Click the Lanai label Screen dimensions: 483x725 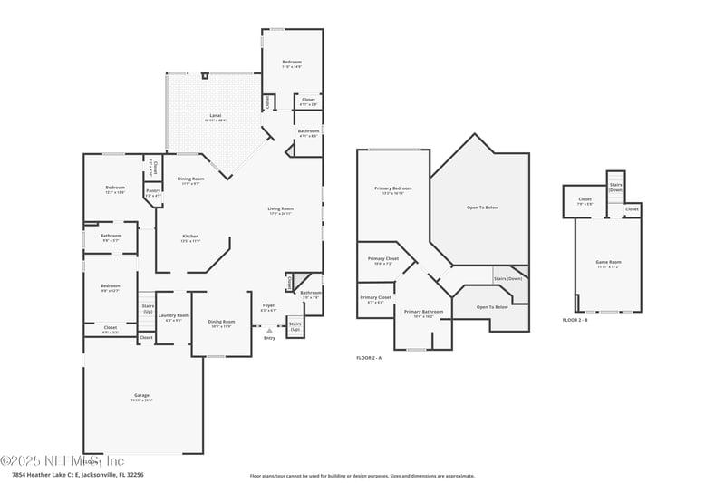pos(216,115)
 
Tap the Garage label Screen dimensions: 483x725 pos(142,396)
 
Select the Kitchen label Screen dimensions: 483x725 pos(190,237)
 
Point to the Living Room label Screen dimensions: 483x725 pos(280,208)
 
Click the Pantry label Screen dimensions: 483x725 pos(152,192)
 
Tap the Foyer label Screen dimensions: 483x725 pos(268,305)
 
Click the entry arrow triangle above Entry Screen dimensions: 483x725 pos(269,330)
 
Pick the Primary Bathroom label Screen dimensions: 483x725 pos(422,311)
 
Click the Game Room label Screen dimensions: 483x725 pos(608,263)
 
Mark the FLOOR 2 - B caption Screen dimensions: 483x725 pos(575,320)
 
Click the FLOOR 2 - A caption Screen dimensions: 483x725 pos(369,359)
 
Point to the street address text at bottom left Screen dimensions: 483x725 pos(77,474)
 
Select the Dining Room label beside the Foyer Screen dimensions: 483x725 pos(221,322)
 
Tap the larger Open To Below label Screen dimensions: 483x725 pos(482,208)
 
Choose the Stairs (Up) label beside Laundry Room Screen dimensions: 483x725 pos(148,309)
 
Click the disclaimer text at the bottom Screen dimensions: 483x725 pos(362,475)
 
